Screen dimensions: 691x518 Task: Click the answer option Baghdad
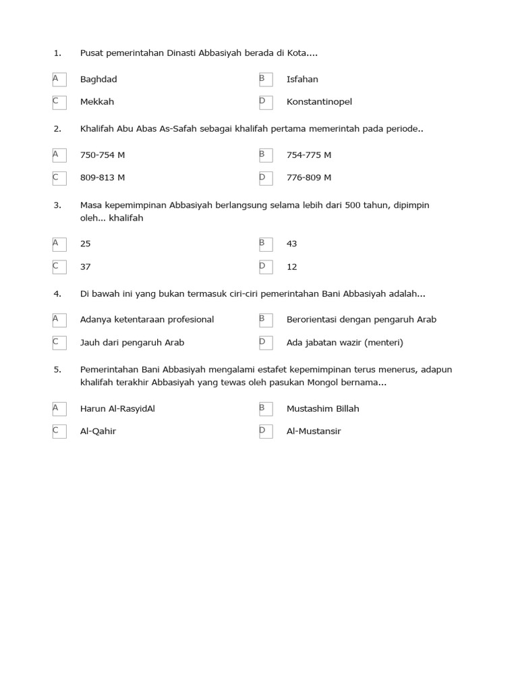click(98, 79)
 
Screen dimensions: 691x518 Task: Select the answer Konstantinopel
click(319, 102)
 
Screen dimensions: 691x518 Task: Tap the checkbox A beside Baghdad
click(59, 80)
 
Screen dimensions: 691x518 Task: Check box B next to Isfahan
click(266, 80)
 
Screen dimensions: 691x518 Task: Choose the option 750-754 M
click(103, 155)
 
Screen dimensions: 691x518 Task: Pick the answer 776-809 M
click(309, 177)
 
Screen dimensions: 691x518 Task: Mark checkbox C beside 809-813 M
click(59, 178)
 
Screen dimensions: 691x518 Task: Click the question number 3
click(57, 204)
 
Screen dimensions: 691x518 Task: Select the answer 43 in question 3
click(291, 244)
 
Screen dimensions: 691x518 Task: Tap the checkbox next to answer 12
click(266, 267)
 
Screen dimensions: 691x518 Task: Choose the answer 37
click(85, 267)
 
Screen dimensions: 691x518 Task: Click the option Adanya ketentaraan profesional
click(147, 319)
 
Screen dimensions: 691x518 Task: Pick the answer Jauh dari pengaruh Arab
click(132, 342)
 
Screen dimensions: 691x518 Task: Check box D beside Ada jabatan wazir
click(266, 343)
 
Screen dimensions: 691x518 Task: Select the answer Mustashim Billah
click(323, 408)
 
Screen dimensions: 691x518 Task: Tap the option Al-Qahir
click(98, 431)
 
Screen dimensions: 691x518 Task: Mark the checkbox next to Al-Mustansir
click(266, 432)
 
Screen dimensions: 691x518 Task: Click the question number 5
click(57, 369)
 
